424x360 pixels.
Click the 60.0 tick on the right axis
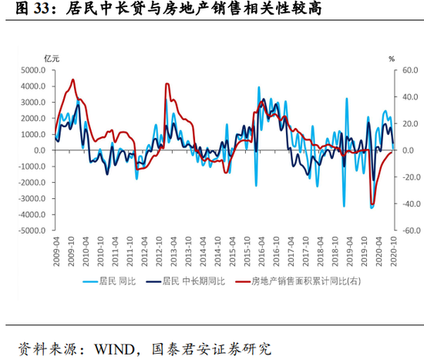click(x=408, y=70)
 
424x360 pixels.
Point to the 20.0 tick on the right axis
click(x=408, y=123)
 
